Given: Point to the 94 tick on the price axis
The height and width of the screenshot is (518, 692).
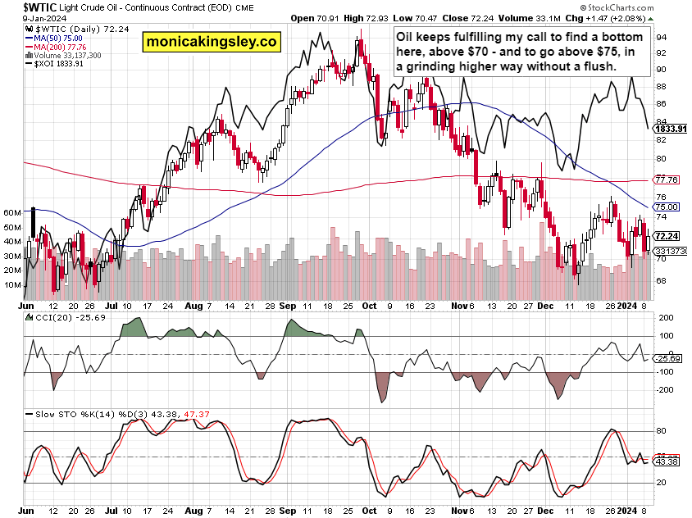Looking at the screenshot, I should click(661, 38).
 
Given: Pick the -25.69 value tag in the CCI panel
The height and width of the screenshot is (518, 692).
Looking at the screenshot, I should click(669, 359).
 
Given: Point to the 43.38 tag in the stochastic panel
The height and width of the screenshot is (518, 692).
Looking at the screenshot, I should click(669, 462).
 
